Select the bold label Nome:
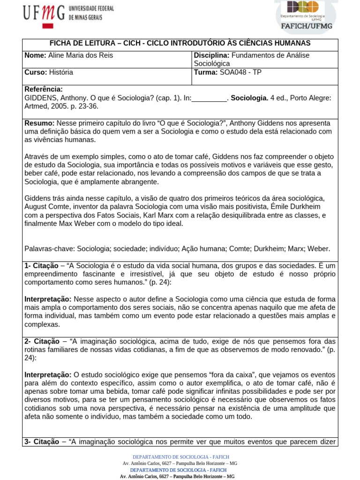35,55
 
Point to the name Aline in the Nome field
57,55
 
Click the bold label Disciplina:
211,55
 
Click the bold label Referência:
43,90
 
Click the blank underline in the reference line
209,98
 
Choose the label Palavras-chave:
50,249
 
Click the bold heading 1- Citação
42,266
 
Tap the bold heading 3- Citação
42,442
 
